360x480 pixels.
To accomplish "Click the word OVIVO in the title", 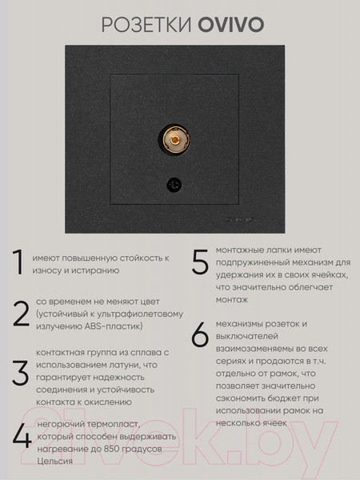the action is point(231,25).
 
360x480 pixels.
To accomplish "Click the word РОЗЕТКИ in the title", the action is point(147,25).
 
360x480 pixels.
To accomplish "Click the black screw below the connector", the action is point(174,185).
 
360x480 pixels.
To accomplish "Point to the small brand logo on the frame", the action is point(240,219).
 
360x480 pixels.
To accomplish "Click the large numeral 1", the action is point(18,262).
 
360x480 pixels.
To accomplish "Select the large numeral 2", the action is point(21,314).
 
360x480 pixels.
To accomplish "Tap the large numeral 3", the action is point(21,373).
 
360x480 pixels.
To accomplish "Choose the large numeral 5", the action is point(200,262).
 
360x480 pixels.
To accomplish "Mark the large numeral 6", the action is point(200,334).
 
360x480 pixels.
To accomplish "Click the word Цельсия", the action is point(54,462).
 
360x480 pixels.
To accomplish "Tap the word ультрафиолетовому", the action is point(140,314).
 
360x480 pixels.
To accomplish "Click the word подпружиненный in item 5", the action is point(252,263).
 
